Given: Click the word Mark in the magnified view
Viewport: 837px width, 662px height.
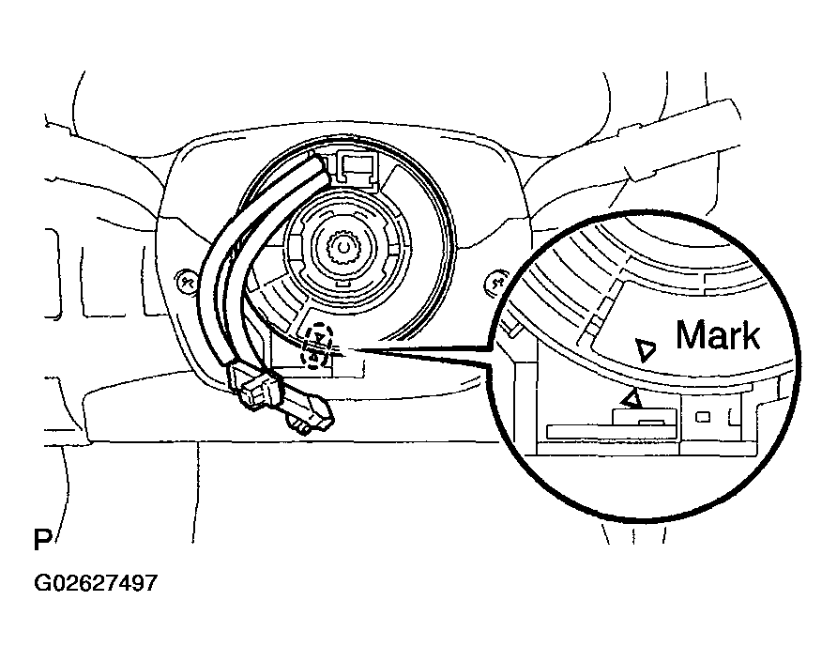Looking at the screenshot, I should pyautogui.click(x=718, y=334).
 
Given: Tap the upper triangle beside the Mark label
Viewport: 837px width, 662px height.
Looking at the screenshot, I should pyautogui.click(x=645, y=351).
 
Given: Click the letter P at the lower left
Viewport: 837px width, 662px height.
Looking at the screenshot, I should pyautogui.click(x=42, y=541).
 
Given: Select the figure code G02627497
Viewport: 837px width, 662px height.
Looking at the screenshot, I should pyautogui.click(x=95, y=583).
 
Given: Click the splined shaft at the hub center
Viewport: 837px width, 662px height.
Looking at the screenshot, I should pyautogui.click(x=346, y=249).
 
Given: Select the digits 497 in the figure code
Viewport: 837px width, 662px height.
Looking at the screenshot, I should pyautogui.click(x=137, y=583).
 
